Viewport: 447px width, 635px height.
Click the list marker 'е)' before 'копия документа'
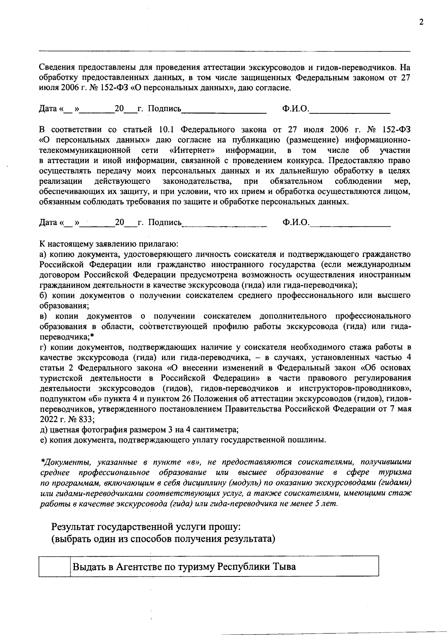(43, 440)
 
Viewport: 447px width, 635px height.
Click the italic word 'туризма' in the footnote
(395, 472)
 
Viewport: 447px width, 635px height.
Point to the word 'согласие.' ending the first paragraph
(273, 88)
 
